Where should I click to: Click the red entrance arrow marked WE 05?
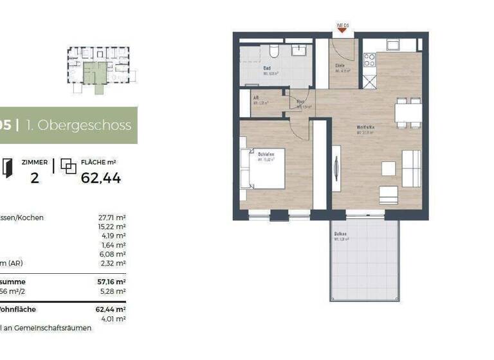(x=342, y=27)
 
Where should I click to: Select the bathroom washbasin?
(x=299, y=50)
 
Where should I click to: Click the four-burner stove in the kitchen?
(x=370, y=60)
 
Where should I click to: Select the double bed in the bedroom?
(x=262, y=168)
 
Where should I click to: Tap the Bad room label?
(x=267, y=67)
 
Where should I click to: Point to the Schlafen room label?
(x=267, y=155)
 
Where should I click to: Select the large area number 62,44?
(x=101, y=178)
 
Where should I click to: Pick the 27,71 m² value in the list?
(x=111, y=218)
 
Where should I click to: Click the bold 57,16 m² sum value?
(x=111, y=282)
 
